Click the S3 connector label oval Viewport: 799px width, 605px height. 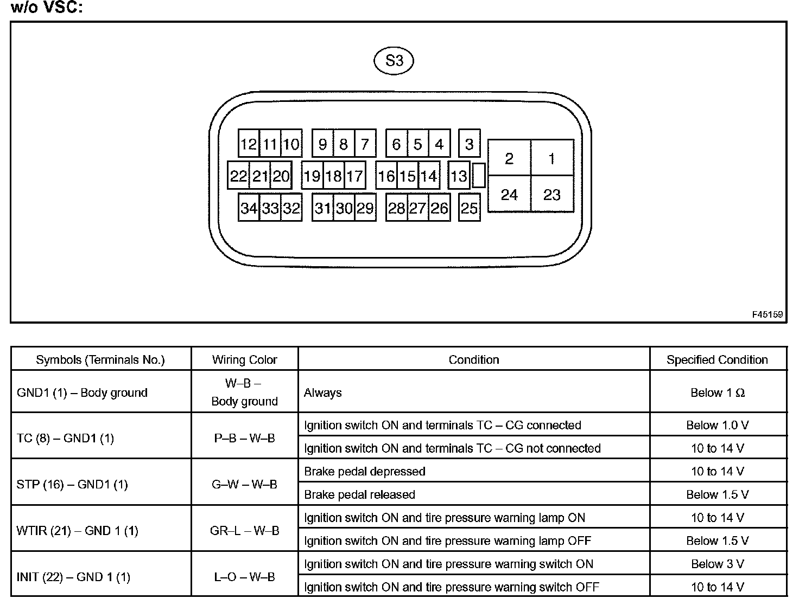tap(394, 61)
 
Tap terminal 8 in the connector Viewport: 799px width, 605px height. tap(344, 144)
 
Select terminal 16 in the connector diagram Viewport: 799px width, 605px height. tap(386, 176)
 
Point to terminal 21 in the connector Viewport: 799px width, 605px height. tap(260, 176)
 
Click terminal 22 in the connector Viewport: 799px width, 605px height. tap(238, 176)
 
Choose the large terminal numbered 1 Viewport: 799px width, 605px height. tap(552, 158)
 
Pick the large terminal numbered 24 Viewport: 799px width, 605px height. tap(509, 194)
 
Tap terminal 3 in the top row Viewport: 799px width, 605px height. tap(469, 144)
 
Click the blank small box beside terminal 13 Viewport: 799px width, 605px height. tap(479, 176)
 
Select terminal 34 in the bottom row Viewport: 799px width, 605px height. tap(249, 208)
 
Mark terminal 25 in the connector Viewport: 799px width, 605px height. tap(469, 208)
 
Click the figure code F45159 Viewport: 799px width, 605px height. tap(768, 314)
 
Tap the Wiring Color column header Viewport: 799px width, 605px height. tap(244, 360)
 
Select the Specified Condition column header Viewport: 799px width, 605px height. tap(717, 360)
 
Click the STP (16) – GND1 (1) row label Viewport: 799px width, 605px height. tap(73, 484)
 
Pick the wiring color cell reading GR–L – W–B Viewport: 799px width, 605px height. tap(244, 531)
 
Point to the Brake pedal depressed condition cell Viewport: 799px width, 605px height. tap(365, 472)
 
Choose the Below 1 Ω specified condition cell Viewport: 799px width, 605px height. tap(717, 393)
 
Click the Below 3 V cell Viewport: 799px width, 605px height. tap(717, 564)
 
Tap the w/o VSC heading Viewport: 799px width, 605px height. tap(47, 8)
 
